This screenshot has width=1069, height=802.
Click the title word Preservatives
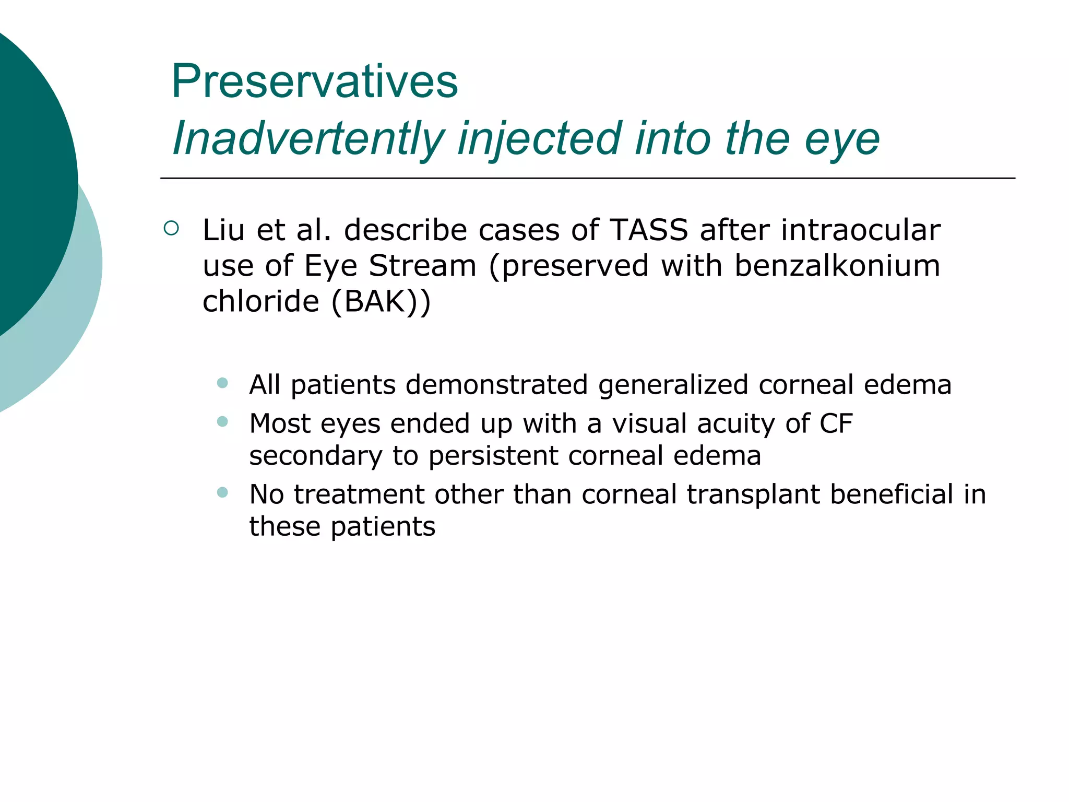pyautogui.click(x=314, y=81)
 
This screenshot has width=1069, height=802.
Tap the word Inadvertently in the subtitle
pyautogui.click(x=308, y=139)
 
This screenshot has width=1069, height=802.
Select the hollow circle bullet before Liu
pyautogui.click(x=171, y=228)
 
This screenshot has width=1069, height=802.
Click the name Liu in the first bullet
pyautogui.click(x=223, y=230)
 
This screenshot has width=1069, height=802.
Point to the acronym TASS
pyautogui.click(x=648, y=230)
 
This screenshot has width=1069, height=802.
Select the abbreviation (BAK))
pyautogui.click(x=381, y=301)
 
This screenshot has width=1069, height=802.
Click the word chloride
pyautogui.click(x=260, y=301)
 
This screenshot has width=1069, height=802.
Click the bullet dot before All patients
pyautogui.click(x=223, y=383)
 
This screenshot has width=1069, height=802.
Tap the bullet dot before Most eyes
pyautogui.click(x=223, y=421)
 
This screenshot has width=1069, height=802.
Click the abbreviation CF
pyautogui.click(x=836, y=423)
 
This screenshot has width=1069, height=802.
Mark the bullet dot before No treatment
pyautogui.click(x=223, y=492)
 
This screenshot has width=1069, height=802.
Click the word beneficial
pyautogui.click(x=892, y=494)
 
